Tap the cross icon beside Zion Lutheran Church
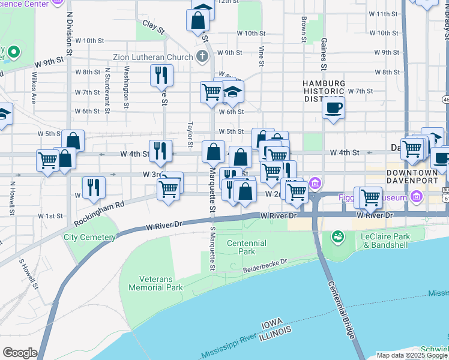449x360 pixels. click(203, 58)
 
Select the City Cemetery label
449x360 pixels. click(89, 238)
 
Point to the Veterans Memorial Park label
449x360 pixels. click(161, 283)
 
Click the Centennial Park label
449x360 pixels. click(247, 247)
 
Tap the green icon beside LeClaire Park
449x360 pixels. click(337, 237)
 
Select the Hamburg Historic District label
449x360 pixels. click(324, 91)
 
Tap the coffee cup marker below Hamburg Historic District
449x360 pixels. click(333, 108)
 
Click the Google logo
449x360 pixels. click(19, 353)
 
